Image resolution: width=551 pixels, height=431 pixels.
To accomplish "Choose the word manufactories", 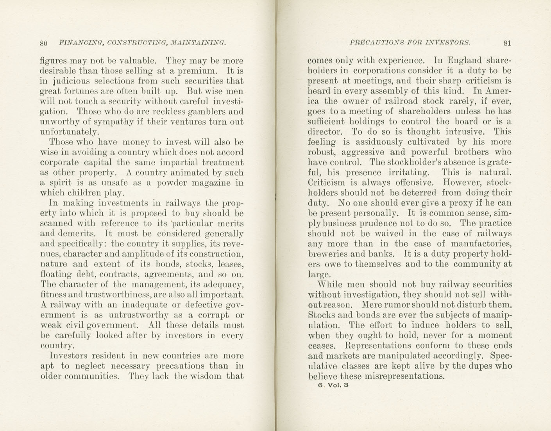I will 481,244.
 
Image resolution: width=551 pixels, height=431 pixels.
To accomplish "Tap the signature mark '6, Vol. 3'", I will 333,385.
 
